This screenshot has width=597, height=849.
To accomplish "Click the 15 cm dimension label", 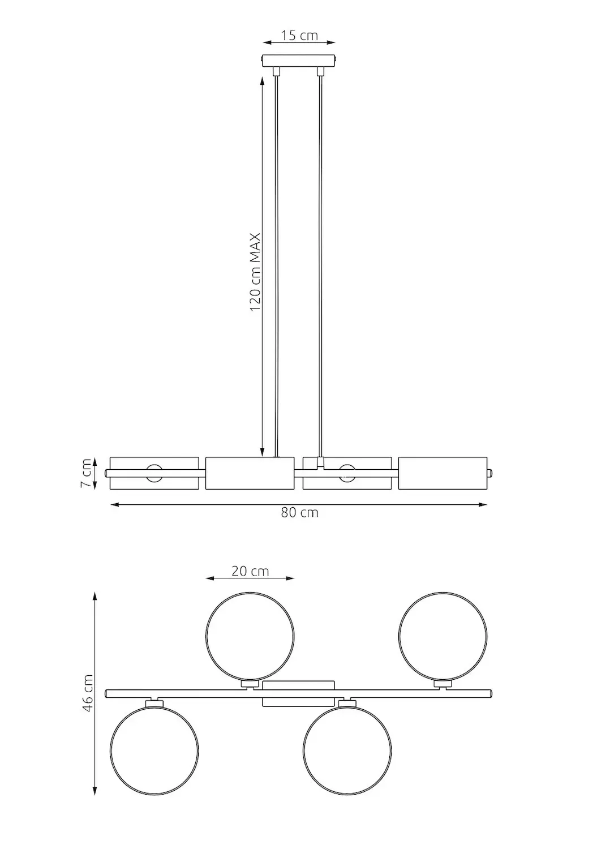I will (x=299, y=36).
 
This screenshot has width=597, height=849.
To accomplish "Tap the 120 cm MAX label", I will (x=255, y=272).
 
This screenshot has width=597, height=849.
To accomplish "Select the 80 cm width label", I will (x=299, y=513).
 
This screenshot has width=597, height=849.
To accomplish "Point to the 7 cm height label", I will (x=85, y=473).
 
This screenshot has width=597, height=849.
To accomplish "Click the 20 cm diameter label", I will (x=250, y=571).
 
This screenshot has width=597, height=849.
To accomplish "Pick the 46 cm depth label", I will (x=87, y=694).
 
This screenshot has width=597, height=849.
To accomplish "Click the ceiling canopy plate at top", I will (x=299, y=60).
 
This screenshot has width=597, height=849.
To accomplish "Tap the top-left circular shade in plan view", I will (x=250, y=636).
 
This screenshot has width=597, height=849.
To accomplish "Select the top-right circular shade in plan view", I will (x=443, y=636).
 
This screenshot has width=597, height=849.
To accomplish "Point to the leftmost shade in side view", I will (x=154, y=473).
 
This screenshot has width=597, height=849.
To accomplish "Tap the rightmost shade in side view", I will (x=443, y=473).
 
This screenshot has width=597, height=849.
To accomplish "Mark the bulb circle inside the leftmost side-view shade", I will (x=154, y=473).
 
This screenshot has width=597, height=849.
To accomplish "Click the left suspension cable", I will (x=276, y=266).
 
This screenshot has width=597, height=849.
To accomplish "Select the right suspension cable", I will (x=321, y=266).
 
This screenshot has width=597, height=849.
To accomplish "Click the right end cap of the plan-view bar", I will (x=490, y=693).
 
